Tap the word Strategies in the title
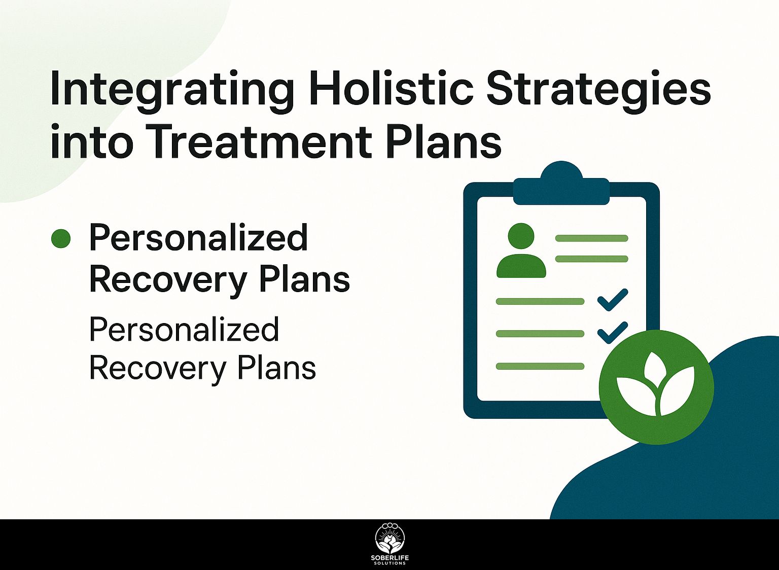click(x=598, y=90)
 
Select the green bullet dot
click(x=61, y=239)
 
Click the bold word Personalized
click(x=198, y=238)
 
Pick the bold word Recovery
click(x=168, y=279)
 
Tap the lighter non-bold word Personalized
click(x=184, y=330)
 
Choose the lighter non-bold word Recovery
click(x=157, y=368)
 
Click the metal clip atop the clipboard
click(x=561, y=186)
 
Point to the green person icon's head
click(x=521, y=236)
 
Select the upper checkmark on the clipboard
click(x=613, y=300)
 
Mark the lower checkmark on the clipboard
click(x=613, y=333)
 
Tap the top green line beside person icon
click(x=591, y=238)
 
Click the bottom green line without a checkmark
click(x=540, y=366)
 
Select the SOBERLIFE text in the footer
click(x=389, y=558)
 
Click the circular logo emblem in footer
click(x=389, y=538)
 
